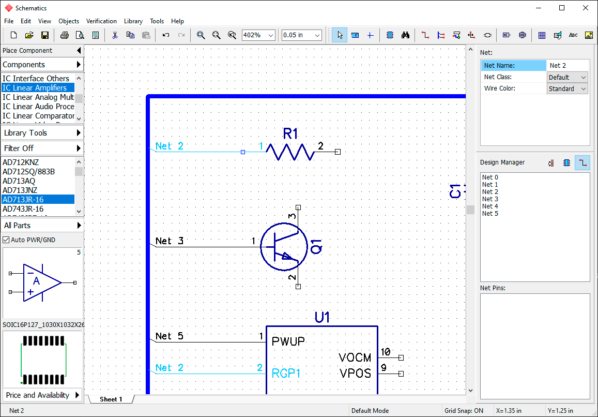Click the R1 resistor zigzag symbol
click(x=290, y=152)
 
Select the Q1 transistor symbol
click(x=284, y=247)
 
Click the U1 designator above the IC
click(x=323, y=317)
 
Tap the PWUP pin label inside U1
click(x=288, y=341)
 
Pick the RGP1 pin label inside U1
click(x=286, y=373)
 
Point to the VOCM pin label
click(x=355, y=358)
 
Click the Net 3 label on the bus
click(x=170, y=241)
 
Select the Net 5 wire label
click(x=170, y=336)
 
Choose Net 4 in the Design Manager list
click(x=490, y=206)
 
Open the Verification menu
click(x=101, y=21)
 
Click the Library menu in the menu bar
click(x=133, y=21)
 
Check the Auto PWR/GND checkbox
click(x=6, y=240)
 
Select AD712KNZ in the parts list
click(x=21, y=162)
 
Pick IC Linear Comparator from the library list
click(x=38, y=116)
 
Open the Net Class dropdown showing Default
click(x=567, y=77)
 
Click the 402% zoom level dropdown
click(x=258, y=35)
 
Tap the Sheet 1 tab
click(x=111, y=399)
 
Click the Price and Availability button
click(x=42, y=395)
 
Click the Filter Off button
click(x=42, y=148)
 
